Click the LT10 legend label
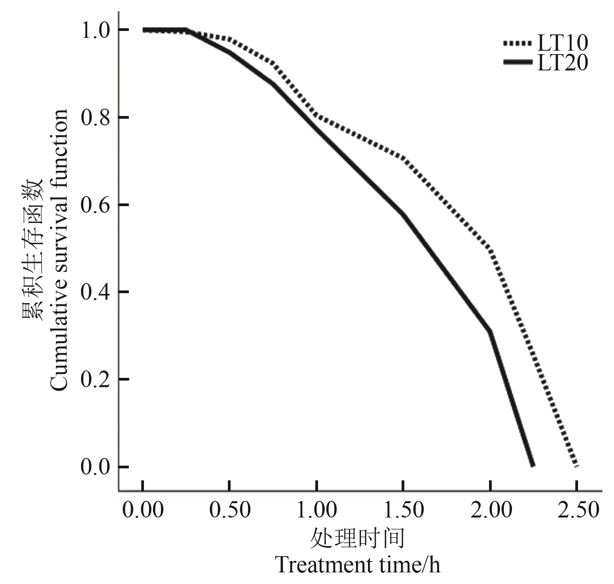coord(563,43)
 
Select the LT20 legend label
coord(563,63)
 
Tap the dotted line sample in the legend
coord(518,43)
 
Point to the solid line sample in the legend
coord(518,62)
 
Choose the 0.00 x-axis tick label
coord(143,510)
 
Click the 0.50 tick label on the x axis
coord(230,510)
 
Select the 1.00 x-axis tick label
coord(317,510)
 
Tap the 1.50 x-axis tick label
coord(404,510)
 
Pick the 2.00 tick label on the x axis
coord(491,510)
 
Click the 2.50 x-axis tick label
coord(578,510)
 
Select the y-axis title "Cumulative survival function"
coord(59,249)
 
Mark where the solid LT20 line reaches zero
coord(533,465)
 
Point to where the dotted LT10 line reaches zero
coord(576,465)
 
